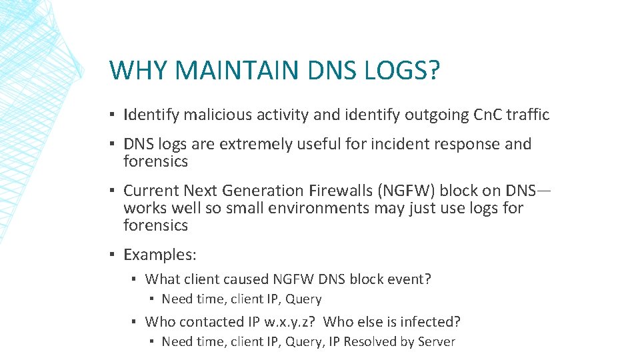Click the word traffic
click(x=527, y=115)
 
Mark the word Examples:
click(x=160, y=255)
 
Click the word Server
click(x=436, y=342)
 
